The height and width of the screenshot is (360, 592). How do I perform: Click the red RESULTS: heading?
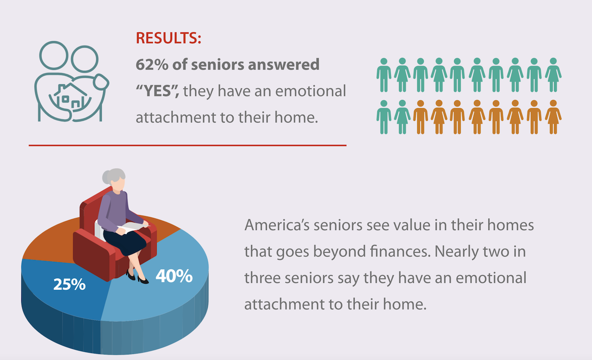tap(168, 38)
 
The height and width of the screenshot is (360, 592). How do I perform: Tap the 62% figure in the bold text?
tap(152, 64)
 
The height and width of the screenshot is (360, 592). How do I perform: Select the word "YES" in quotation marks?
tap(158, 91)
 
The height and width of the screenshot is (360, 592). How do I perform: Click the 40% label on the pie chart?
tap(174, 276)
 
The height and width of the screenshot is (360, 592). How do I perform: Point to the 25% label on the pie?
tap(69, 285)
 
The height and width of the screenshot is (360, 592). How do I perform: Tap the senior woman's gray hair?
tap(114, 176)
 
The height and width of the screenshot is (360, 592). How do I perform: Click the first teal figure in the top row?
tap(384, 75)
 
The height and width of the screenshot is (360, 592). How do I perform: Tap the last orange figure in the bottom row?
tap(553, 117)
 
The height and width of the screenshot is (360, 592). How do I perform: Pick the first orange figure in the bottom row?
tap(420, 117)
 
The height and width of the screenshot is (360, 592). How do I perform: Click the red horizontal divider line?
tap(187, 145)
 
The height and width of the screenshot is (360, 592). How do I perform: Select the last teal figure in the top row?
tap(553, 75)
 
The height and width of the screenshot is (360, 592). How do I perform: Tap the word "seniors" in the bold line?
tap(217, 64)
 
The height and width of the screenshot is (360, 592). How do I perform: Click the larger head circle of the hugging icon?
tap(54, 55)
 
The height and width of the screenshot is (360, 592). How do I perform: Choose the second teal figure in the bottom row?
tap(402, 117)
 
